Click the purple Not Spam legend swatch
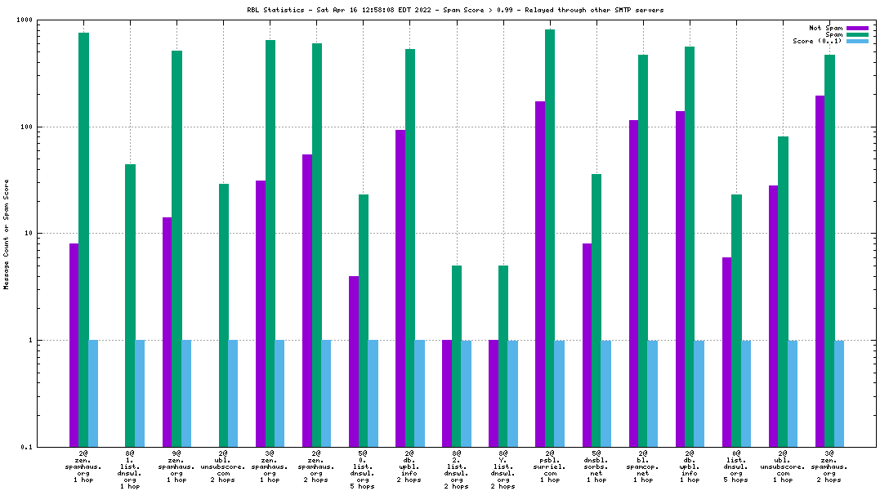(x=857, y=28)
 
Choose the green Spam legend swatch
(x=857, y=34)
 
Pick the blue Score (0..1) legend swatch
(x=857, y=41)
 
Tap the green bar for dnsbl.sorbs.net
(x=596, y=310)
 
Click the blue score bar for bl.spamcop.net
(x=653, y=393)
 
